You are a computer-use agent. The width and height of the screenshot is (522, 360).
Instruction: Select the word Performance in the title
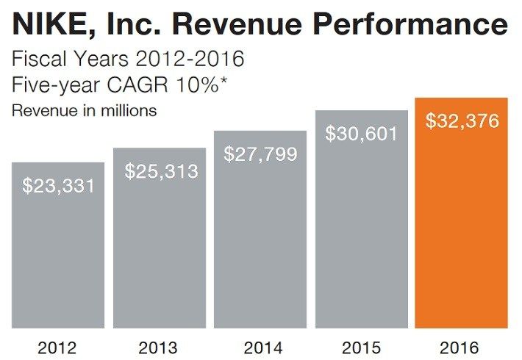[407, 26]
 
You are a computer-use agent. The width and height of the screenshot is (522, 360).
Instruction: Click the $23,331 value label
[59, 186]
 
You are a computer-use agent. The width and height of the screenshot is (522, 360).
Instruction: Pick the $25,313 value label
[161, 172]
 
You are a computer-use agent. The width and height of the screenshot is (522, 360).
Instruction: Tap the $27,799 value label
[260, 154]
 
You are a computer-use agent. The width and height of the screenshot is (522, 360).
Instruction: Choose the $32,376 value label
[462, 120]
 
